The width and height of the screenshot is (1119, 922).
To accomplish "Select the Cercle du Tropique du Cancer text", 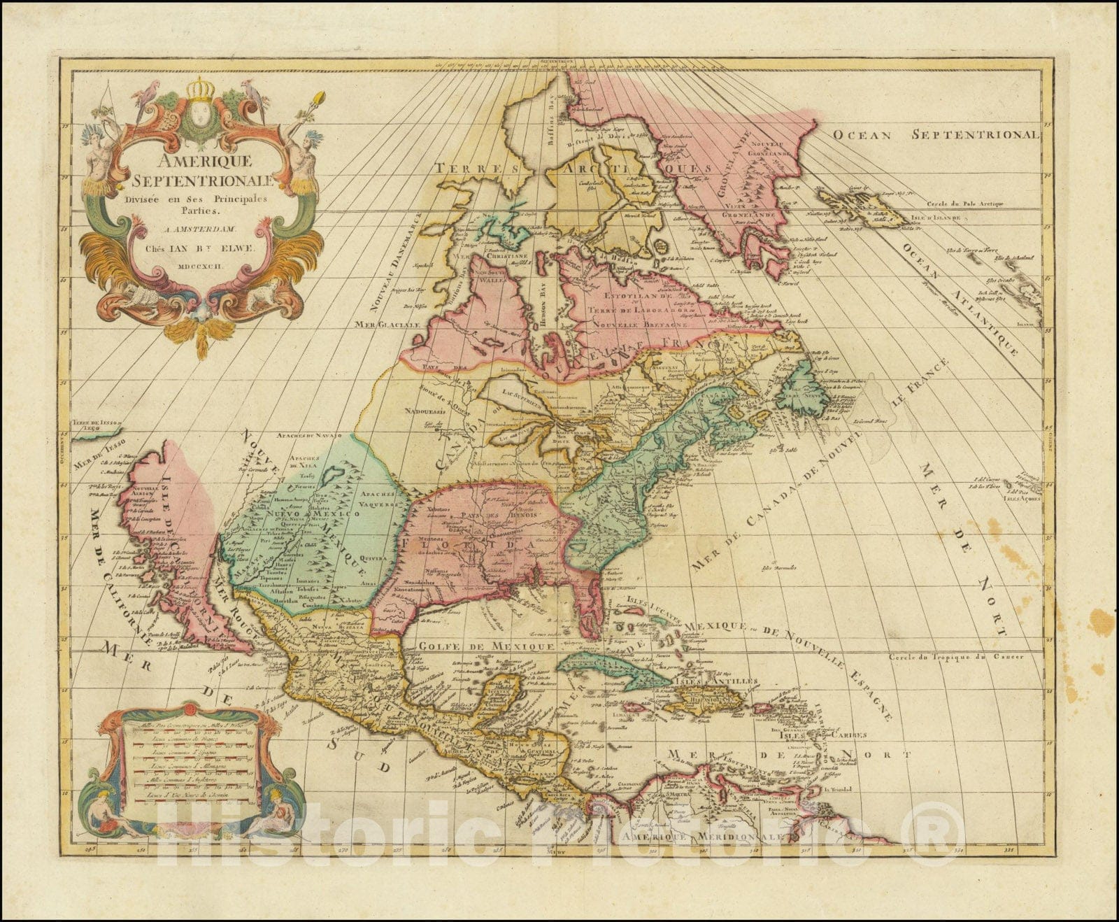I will (x=956, y=657).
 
